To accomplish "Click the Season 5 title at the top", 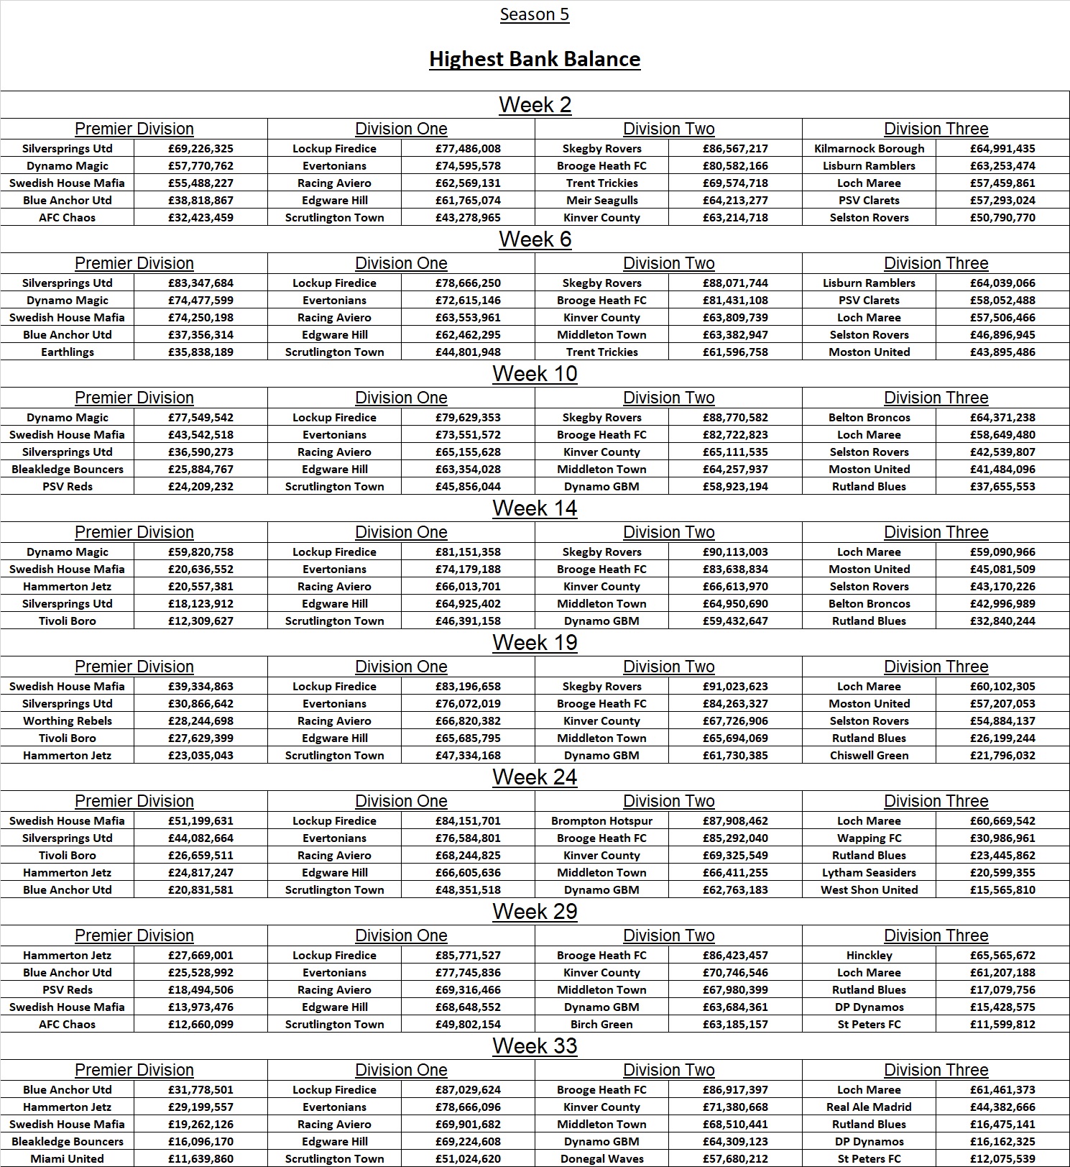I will pyautogui.click(x=535, y=14).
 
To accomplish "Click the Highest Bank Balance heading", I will pyautogui.click(x=535, y=59).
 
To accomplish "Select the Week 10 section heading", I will pyautogui.click(x=535, y=374).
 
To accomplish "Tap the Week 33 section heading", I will pyautogui.click(x=535, y=1046).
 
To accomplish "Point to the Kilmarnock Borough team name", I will pyautogui.click(x=869, y=149).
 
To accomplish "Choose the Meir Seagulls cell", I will pyautogui.click(x=601, y=201).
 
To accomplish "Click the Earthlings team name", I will pyautogui.click(x=67, y=352).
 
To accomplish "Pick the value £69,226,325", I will pyautogui.click(x=200, y=149).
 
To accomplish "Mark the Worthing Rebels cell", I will pyautogui.click(x=67, y=721).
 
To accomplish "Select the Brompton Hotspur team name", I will pyautogui.click(x=601, y=821).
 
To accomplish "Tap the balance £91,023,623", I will pyautogui.click(x=735, y=687).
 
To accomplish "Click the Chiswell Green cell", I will pyautogui.click(x=869, y=756).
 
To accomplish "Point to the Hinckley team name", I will pyautogui.click(x=869, y=956).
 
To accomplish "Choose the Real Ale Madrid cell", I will pyautogui.click(x=869, y=1107).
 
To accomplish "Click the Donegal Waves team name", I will pyautogui.click(x=601, y=1159).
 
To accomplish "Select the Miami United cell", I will pyautogui.click(x=67, y=1159).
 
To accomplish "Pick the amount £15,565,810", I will pyautogui.click(x=1002, y=890).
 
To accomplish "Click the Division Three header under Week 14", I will pyautogui.click(x=936, y=533).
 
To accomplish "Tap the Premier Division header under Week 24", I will pyautogui.click(x=134, y=802).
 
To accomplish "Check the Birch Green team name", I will pyautogui.click(x=601, y=1025).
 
